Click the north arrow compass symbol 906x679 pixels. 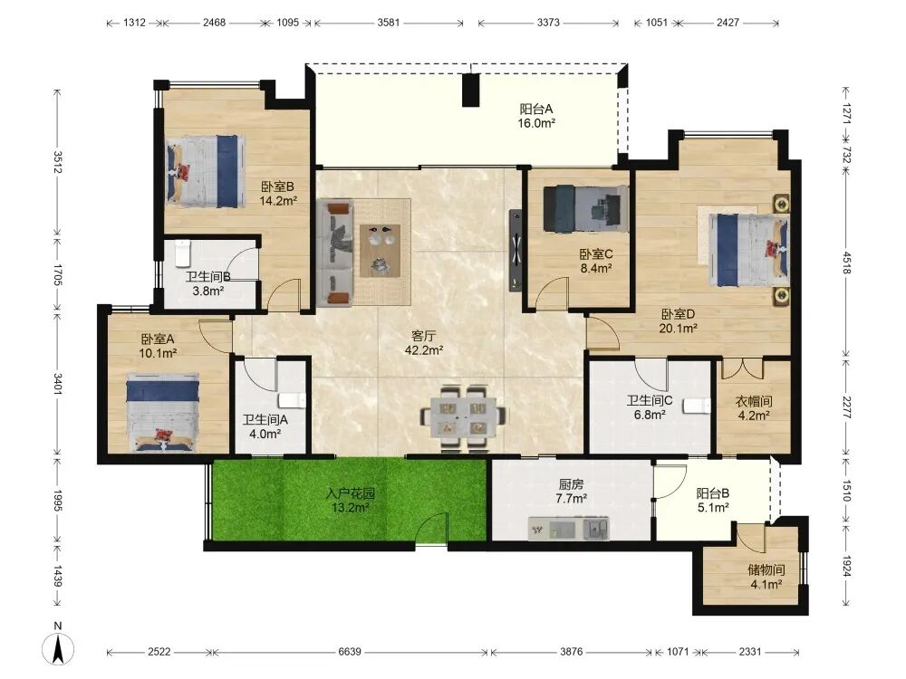point(58,648)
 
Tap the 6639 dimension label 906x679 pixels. point(350,652)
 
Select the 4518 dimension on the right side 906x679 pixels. point(846,263)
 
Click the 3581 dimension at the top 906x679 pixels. point(389,23)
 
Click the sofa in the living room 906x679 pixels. point(334,253)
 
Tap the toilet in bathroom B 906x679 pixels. point(182,253)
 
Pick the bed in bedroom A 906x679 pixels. point(163,413)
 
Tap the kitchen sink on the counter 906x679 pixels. point(596,528)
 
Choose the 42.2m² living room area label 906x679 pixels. point(424,349)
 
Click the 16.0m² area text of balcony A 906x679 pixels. point(536,123)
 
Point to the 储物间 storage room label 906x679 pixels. point(766,569)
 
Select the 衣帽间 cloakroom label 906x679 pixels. point(754,401)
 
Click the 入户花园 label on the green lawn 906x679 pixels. point(350,493)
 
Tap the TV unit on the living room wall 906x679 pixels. point(515,250)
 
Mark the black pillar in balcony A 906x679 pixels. point(471,90)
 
